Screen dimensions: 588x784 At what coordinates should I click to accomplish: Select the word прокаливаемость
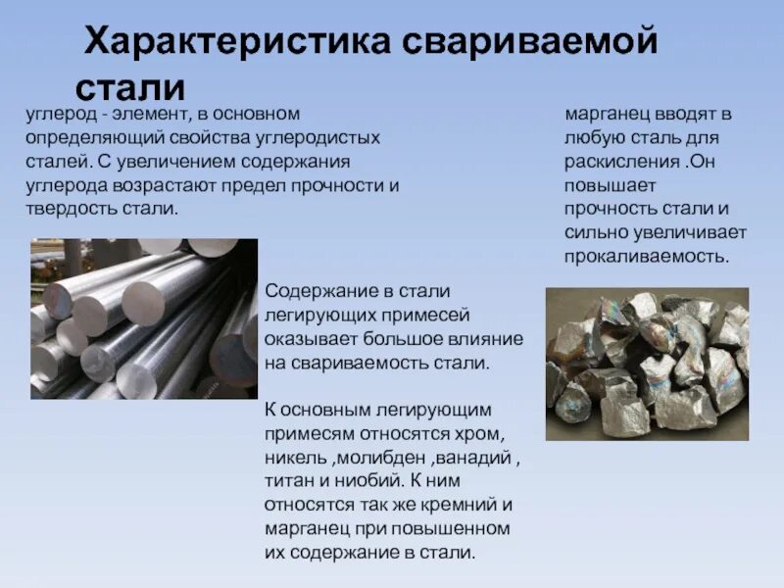point(647,257)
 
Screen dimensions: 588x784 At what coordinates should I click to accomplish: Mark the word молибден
point(378,457)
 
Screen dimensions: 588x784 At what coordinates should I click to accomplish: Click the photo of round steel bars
point(144,318)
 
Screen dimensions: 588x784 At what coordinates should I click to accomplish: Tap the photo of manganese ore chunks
point(647,364)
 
